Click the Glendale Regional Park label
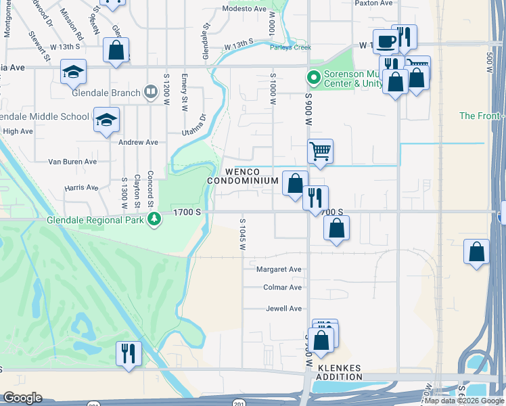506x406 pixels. pyautogui.click(x=96, y=220)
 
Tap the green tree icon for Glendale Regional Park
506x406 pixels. pyautogui.click(x=155, y=218)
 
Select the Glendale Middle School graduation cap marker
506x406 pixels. pyautogui.click(x=106, y=120)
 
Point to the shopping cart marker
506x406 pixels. pyautogui.click(x=320, y=152)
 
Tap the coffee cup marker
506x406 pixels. pyautogui.click(x=385, y=42)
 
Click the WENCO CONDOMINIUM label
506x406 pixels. pyautogui.click(x=243, y=177)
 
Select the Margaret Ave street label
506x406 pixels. pyautogui.click(x=279, y=269)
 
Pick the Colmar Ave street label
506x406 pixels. pyautogui.click(x=282, y=288)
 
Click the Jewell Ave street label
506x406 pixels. pyautogui.click(x=283, y=309)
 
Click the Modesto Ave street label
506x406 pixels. pyautogui.click(x=245, y=10)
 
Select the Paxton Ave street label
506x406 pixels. pyautogui.click(x=373, y=3)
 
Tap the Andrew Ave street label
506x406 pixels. pyautogui.click(x=138, y=143)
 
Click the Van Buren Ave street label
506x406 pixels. pyautogui.click(x=72, y=162)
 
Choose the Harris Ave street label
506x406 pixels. pyautogui.click(x=81, y=187)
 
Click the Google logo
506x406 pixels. pyautogui.click(x=22, y=398)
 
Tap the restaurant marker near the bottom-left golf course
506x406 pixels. pyautogui.click(x=129, y=353)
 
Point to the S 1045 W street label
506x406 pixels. pyautogui.click(x=241, y=233)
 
